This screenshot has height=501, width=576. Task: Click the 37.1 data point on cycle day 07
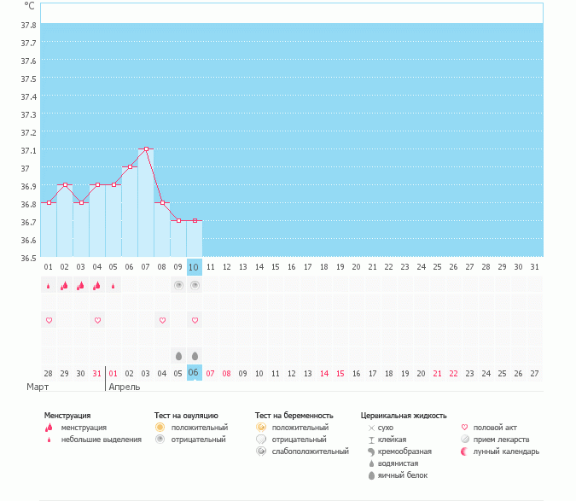click(x=146, y=149)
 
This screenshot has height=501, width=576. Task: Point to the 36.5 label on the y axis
click(x=28, y=258)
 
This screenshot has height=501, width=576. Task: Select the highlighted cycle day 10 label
click(x=194, y=267)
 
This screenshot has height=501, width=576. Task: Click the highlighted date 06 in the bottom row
click(x=194, y=373)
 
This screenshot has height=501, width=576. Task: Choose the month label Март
click(x=38, y=387)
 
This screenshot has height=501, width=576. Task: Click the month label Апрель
click(x=124, y=387)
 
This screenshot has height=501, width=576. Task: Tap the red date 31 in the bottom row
click(x=97, y=373)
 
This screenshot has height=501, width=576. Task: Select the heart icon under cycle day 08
click(x=162, y=320)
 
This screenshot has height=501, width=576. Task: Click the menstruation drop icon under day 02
click(x=64, y=286)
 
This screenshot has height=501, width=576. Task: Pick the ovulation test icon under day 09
click(x=178, y=285)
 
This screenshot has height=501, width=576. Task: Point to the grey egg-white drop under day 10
click(x=195, y=355)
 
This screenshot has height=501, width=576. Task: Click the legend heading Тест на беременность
click(x=294, y=416)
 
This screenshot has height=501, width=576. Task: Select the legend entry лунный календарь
click(x=507, y=451)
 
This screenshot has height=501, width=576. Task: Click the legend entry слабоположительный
click(x=311, y=451)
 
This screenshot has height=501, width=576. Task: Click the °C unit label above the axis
click(x=30, y=5)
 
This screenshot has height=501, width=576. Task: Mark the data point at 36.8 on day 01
click(x=49, y=203)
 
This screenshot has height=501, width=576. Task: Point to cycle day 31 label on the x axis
click(x=534, y=267)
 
